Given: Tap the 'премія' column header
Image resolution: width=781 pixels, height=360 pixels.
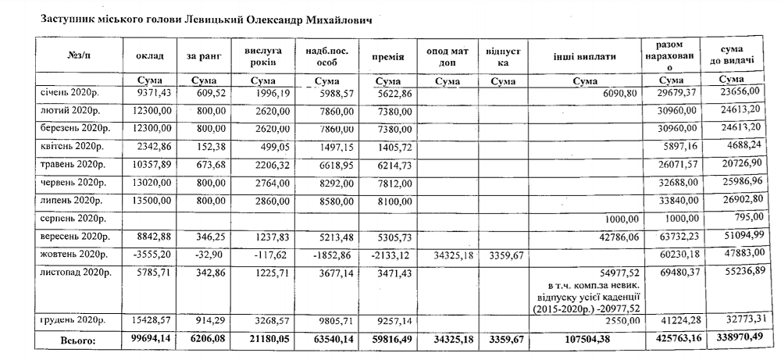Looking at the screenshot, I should (x=387, y=56).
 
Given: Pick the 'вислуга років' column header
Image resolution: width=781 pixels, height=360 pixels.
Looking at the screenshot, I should (x=263, y=56).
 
